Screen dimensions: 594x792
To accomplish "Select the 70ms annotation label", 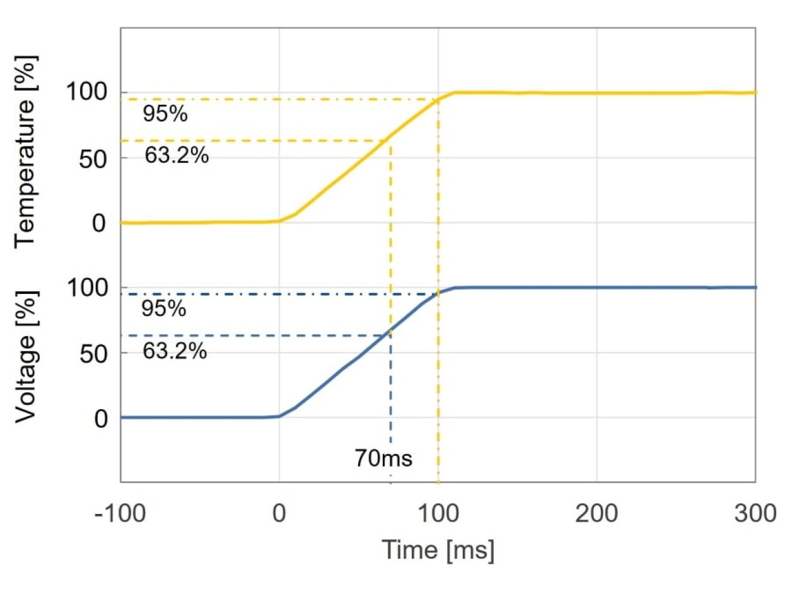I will [383, 458].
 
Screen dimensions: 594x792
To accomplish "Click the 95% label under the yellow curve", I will [165, 115].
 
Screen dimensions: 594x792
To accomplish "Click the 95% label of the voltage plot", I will [164, 310].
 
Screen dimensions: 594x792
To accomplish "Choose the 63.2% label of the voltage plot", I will [175, 350].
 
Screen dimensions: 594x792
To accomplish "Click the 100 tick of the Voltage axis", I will [87, 288].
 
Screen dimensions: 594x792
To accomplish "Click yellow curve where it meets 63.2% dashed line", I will [391, 140].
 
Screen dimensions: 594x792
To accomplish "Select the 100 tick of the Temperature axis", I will [87, 93].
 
